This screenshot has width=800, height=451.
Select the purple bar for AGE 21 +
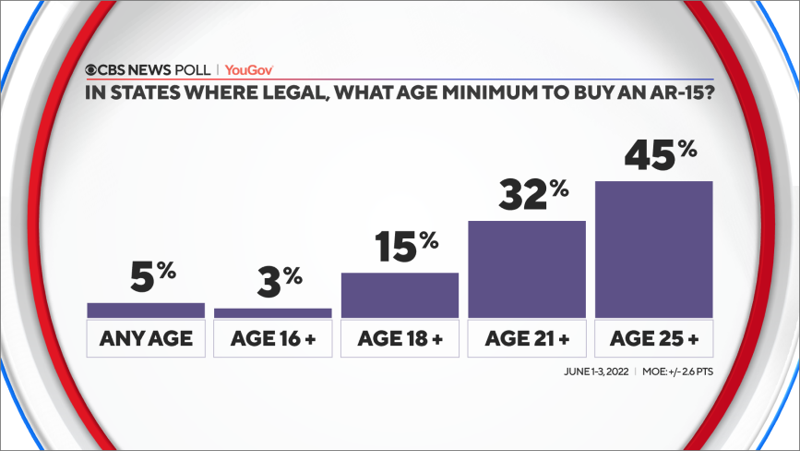click(527, 269)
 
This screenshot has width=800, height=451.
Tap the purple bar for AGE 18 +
click(400, 295)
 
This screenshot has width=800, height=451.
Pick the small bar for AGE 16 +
click(272, 313)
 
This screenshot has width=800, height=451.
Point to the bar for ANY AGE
click(145, 311)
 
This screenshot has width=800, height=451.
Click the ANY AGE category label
click(145, 338)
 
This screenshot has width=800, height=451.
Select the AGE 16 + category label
click(272, 338)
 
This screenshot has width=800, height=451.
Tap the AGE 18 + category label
click(400, 338)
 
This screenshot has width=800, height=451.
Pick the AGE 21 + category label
click(527, 338)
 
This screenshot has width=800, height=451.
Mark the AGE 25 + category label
click(653, 338)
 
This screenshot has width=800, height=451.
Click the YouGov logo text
click(248, 69)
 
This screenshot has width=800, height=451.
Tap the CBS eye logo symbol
click(92, 69)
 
